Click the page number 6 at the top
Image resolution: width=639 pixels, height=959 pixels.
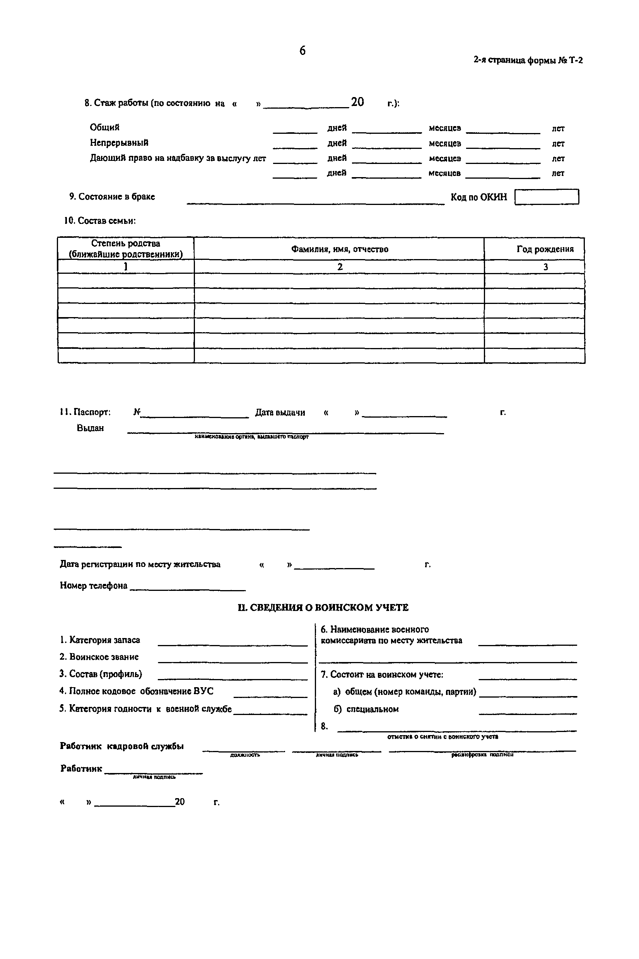(302, 51)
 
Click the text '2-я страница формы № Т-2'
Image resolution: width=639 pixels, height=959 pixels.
(528, 60)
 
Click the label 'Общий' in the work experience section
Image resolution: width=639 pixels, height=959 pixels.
(105, 128)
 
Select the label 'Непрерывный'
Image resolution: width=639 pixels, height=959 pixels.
(119, 143)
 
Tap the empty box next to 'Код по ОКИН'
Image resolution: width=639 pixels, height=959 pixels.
(546, 197)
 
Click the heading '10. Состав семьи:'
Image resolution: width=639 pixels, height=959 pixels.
(100, 221)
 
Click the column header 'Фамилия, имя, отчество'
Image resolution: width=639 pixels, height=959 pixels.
(339, 249)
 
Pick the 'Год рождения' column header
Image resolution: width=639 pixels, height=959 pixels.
(545, 249)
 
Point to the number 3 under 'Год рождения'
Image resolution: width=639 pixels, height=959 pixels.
(545, 267)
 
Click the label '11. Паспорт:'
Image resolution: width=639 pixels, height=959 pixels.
(85, 412)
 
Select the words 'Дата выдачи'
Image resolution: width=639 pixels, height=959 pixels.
(280, 413)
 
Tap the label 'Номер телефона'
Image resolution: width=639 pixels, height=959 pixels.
(94, 586)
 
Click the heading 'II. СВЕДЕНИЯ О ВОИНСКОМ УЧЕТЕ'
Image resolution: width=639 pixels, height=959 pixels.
(323, 608)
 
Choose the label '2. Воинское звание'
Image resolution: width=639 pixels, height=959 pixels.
(99, 657)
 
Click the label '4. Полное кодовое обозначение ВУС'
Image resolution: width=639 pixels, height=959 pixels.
(136, 691)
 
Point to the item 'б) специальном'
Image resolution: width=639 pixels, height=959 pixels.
(366, 709)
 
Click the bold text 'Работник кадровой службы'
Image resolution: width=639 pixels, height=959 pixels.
(121, 746)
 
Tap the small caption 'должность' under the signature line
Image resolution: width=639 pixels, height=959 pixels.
(245, 755)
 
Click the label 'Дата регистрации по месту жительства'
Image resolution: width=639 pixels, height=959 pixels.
(140, 565)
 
